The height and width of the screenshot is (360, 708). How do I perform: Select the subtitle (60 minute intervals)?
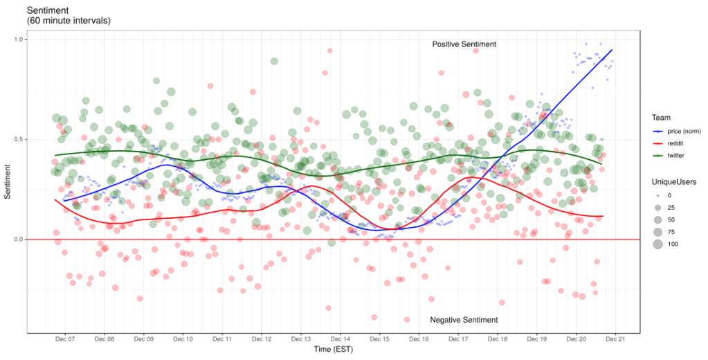pos(68,21)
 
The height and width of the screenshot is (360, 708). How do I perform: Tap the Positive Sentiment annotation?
pos(464,44)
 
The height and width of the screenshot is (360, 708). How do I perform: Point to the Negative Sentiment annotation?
pos(463,320)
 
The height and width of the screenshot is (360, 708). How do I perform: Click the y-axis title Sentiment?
pos(8,181)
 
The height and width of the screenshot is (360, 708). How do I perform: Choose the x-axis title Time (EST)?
pos(333,350)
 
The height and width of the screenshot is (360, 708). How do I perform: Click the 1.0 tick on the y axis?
pos(19,39)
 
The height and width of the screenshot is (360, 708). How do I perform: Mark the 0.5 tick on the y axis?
pos(19,139)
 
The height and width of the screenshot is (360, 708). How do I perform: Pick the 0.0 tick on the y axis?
pos(19,240)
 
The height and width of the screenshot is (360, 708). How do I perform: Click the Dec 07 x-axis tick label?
pos(65,339)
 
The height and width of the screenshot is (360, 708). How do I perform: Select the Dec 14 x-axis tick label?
pos(341,339)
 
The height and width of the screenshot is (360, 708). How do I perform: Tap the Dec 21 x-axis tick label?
pos(615,339)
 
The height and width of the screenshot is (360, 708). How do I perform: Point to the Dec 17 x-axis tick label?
pos(458,339)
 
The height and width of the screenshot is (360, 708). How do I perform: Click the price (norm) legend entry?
pos(685,132)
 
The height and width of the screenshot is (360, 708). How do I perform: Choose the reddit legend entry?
pos(677,144)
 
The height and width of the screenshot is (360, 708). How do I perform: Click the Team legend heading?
pos(661,118)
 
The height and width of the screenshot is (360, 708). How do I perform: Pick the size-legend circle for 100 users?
pos(657,244)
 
